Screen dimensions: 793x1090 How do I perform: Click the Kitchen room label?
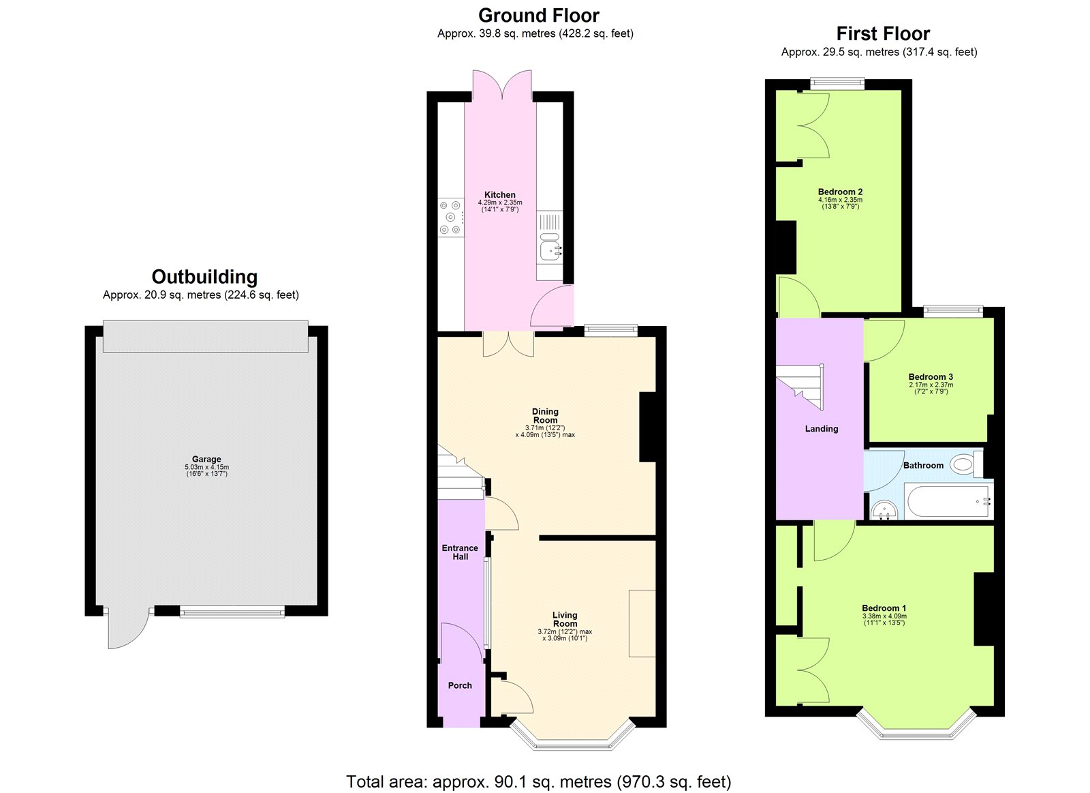(500, 195)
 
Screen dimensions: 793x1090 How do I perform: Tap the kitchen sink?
(550, 250)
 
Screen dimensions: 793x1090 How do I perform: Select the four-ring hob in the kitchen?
(450, 218)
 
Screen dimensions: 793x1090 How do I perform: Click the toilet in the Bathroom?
(963, 464)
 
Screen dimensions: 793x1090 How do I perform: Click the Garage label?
(206, 460)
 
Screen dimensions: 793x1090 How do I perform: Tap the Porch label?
(460, 685)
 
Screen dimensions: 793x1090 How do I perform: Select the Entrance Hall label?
(460, 552)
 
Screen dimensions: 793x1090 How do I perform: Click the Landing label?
(822, 429)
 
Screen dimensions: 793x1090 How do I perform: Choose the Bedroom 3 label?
(931, 377)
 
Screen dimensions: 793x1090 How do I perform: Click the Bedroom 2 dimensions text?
(840, 203)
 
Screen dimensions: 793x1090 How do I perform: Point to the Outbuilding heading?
(204, 277)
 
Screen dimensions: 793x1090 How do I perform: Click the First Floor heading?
(883, 33)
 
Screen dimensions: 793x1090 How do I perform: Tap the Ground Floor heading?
(539, 16)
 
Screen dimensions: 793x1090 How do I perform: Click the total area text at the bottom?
(538, 781)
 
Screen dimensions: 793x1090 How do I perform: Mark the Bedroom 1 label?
(884, 608)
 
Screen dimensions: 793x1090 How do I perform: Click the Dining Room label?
(545, 416)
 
